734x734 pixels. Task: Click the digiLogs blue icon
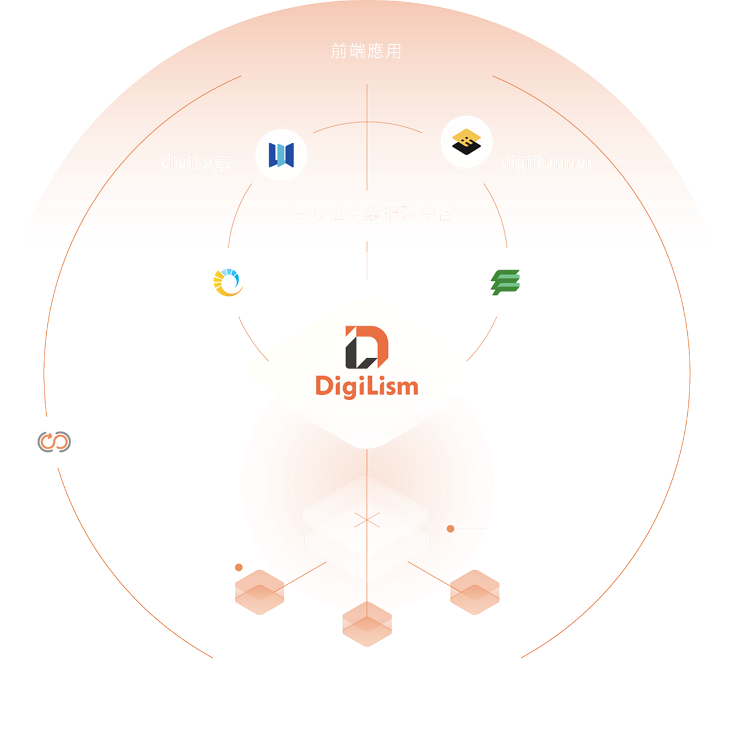click(x=281, y=155)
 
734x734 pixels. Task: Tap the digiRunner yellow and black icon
click(x=466, y=142)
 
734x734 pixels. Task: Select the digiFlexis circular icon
click(x=228, y=283)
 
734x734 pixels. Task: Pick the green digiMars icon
click(x=505, y=283)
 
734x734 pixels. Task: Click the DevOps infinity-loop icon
click(x=54, y=442)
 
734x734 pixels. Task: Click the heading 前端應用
click(x=366, y=51)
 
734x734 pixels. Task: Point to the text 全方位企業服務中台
click(x=372, y=214)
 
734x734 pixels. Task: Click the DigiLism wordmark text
click(x=367, y=386)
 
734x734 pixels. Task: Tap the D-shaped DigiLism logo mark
click(x=367, y=347)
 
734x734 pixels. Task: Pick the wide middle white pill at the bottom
click(x=367, y=683)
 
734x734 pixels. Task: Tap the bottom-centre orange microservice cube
click(x=367, y=624)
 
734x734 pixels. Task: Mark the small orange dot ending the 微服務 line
click(x=239, y=568)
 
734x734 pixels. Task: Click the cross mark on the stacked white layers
click(x=367, y=520)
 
